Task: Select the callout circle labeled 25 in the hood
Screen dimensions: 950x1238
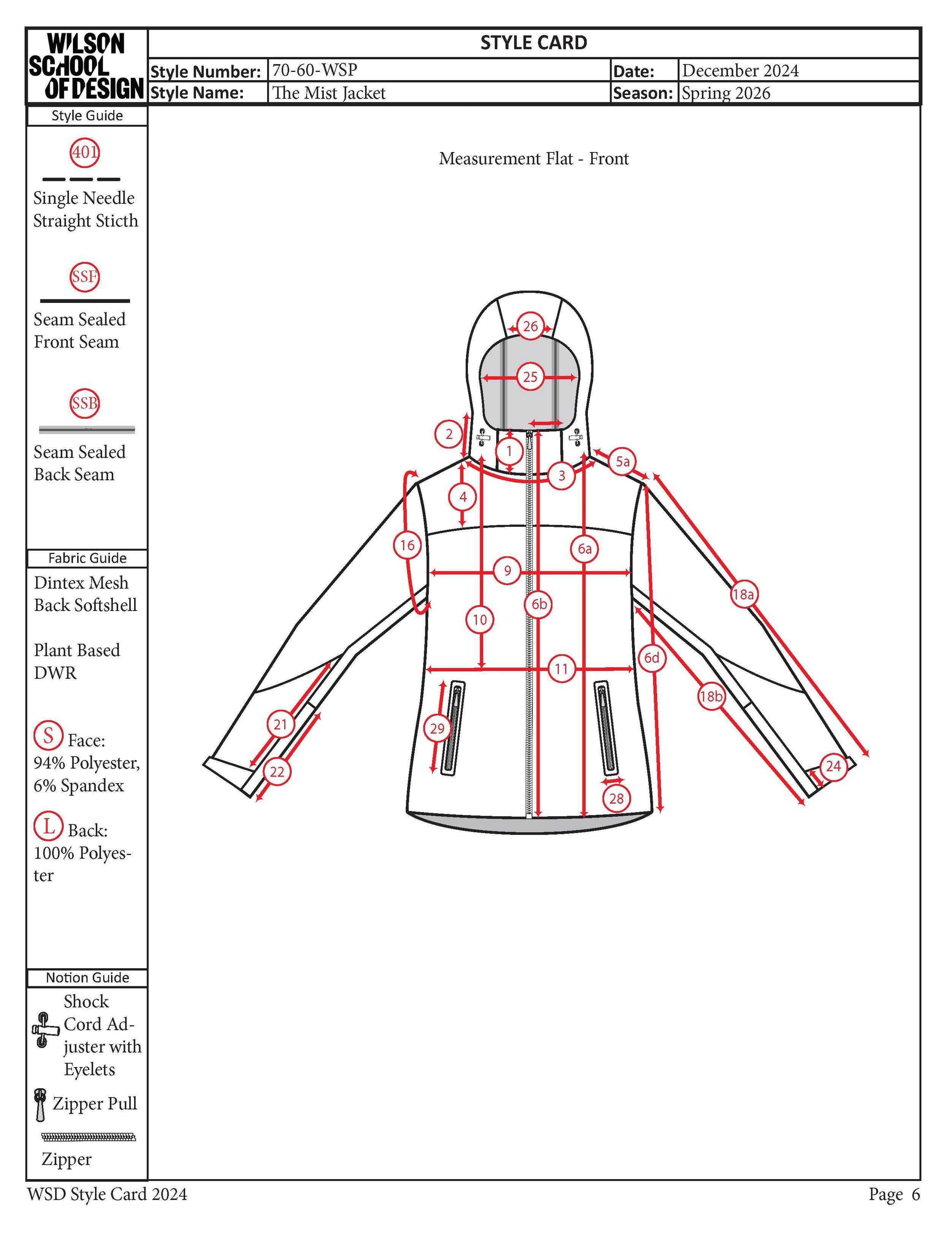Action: click(x=530, y=377)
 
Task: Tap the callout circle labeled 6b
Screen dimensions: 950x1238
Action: click(x=539, y=604)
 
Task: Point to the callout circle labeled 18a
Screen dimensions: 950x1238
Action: click(x=743, y=594)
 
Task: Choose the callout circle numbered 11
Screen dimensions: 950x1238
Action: click(x=561, y=669)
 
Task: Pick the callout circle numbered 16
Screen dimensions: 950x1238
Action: click(x=407, y=546)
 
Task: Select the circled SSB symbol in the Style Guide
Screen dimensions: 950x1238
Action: click(x=84, y=403)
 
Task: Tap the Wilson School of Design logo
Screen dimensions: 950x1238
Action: click(x=86, y=66)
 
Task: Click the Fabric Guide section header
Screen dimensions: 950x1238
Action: click(x=87, y=558)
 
